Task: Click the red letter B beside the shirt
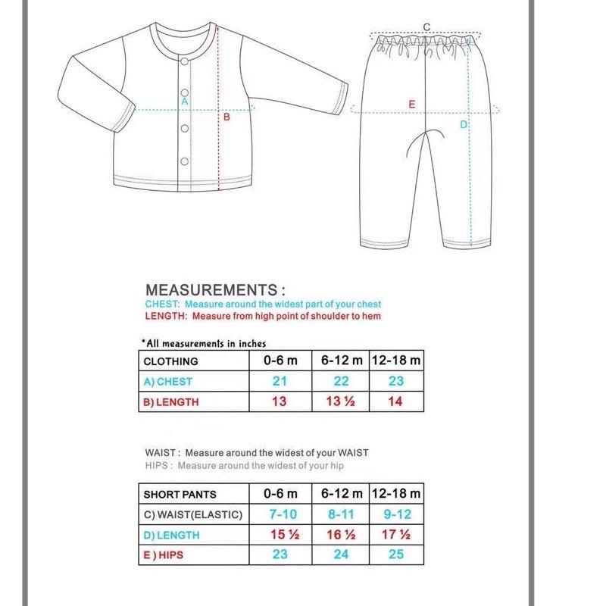226,117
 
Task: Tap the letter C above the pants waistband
426,27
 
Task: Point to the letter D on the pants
464,124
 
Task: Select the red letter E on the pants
412,104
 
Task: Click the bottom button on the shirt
183,161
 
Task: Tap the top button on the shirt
183,62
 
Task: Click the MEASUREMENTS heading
215,289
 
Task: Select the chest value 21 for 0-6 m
280,381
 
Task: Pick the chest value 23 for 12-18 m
396,381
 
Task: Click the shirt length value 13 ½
341,401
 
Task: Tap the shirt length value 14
395,401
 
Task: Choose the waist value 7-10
280,514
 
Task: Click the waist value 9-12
396,514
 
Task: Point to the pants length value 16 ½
341,535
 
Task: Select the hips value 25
396,554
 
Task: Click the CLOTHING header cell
170,361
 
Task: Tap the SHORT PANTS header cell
180,494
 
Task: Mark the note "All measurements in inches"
204,343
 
